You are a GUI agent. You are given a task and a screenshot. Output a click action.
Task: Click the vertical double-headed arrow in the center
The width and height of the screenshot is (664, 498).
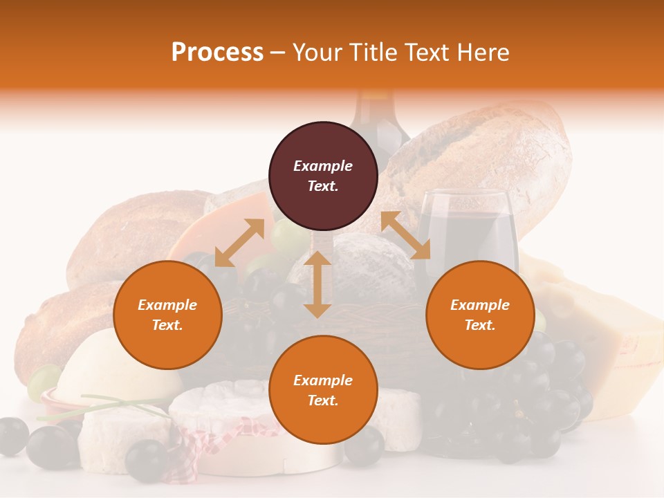click(317, 284)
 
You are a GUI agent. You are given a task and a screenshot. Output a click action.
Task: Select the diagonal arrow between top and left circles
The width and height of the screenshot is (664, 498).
click(239, 243)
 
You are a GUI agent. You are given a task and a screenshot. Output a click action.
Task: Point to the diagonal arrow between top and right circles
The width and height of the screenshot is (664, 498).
click(406, 235)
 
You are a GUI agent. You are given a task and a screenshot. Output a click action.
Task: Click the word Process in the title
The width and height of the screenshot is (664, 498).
click(217, 53)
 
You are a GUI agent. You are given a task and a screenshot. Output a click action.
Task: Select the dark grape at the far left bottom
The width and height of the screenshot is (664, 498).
click(12, 436)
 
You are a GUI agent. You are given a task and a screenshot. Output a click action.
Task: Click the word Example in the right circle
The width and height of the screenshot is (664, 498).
click(479, 305)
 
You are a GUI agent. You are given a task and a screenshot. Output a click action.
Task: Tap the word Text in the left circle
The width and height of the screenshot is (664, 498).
click(167, 325)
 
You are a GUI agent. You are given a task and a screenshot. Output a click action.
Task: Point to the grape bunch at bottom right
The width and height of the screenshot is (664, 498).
click(533, 401)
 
